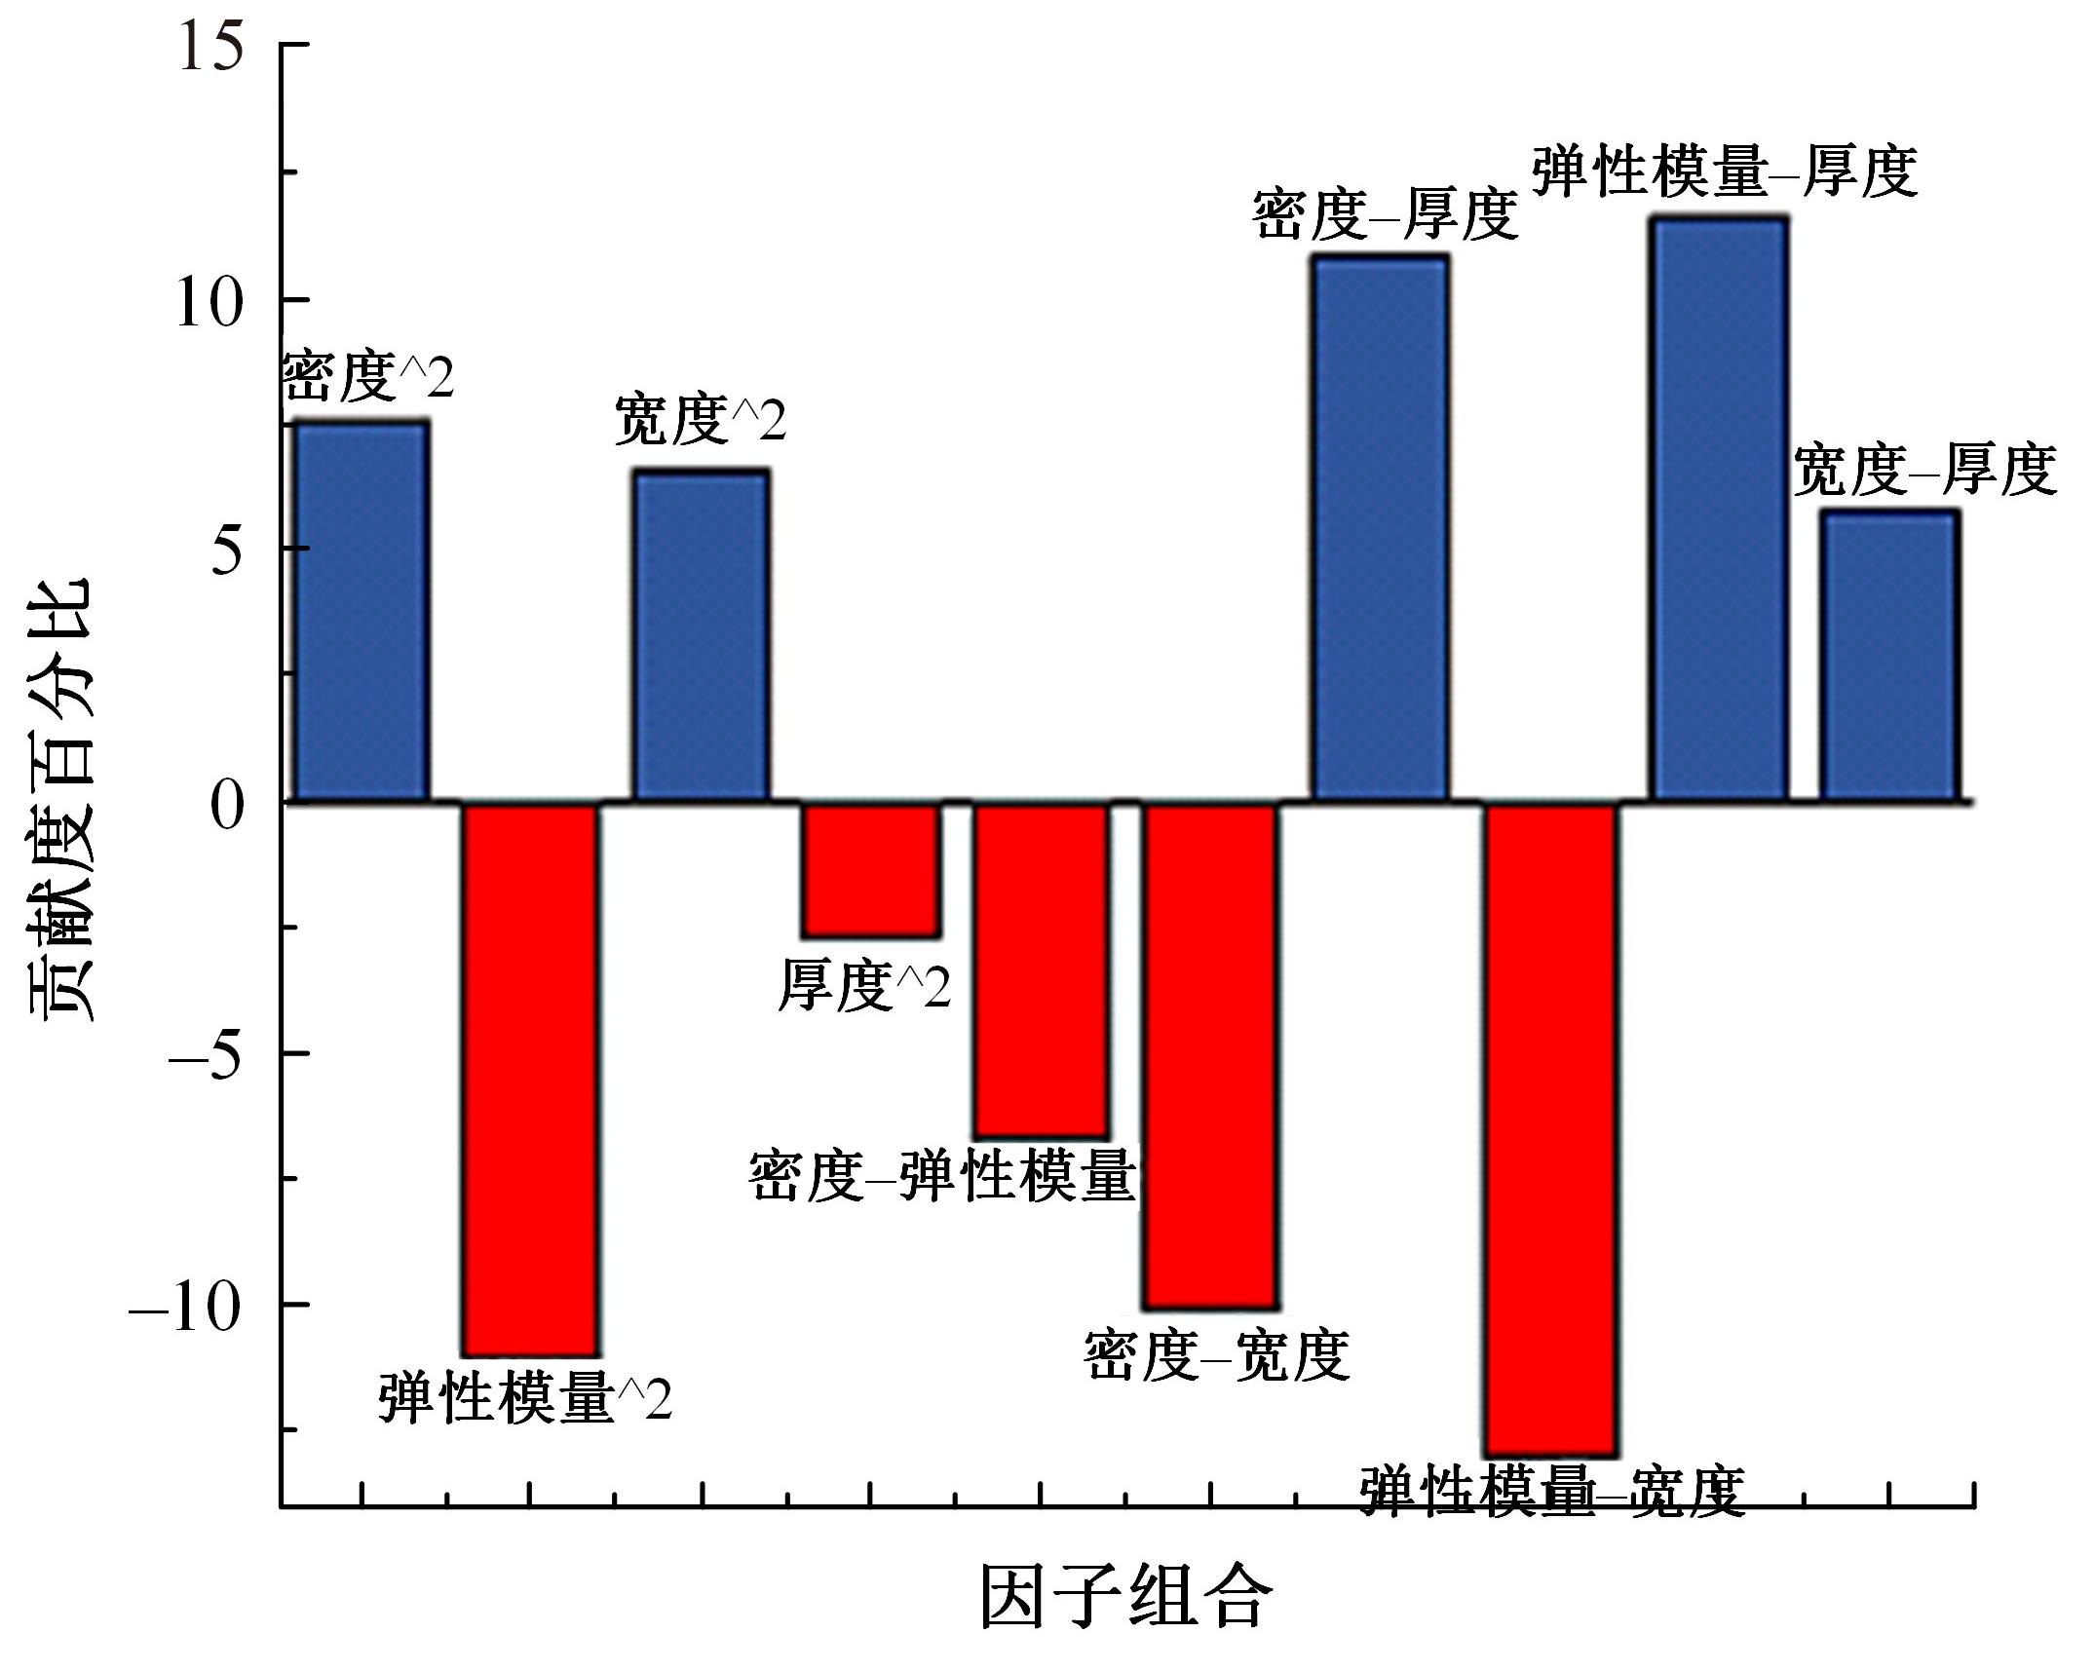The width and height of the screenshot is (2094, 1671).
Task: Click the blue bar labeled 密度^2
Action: (x=362, y=611)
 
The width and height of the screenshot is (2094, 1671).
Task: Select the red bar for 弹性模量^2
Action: (x=531, y=1078)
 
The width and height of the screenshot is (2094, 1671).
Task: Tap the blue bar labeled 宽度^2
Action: (x=702, y=634)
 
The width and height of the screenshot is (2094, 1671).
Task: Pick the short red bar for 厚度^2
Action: (x=871, y=869)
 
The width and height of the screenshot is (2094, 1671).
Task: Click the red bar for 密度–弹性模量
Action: (x=1042, y=969)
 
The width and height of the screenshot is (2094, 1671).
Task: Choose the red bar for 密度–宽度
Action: (x=1210, y=1054)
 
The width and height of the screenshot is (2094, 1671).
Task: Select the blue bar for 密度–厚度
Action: (x=1380, y=527)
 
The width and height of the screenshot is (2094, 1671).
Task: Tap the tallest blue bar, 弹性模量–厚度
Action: (x=1720, y=509)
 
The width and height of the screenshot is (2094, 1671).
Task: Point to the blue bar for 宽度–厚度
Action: (x=1889, y=656)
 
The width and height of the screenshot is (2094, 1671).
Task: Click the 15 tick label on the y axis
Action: (x=209, y=46)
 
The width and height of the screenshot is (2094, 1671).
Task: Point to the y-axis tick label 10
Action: (x=209, y=302)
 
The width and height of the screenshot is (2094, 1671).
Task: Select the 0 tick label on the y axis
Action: (x=226, y=805)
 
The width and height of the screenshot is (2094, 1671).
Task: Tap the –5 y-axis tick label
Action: (x=205, y=1055)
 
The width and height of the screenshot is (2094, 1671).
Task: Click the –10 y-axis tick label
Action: (x=185, y=1307)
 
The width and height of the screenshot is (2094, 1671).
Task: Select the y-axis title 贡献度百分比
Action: (x=60, y=799)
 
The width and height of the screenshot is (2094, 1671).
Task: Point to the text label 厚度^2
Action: (x=863, y=986)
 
